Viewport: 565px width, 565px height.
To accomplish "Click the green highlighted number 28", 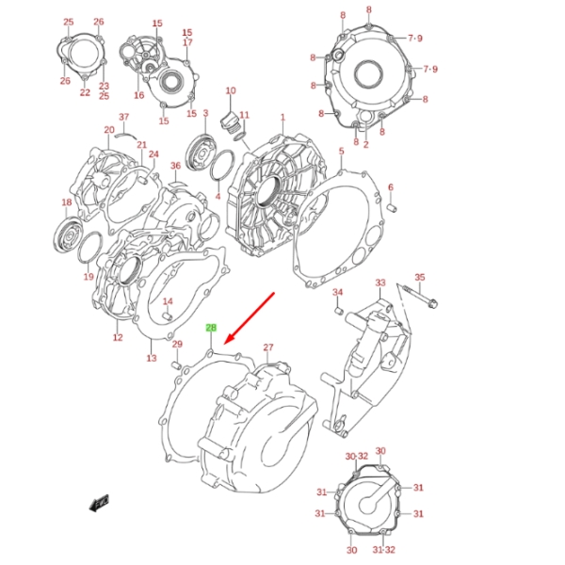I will coord(212,328).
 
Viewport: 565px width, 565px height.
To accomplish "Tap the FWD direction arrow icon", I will coord(99,502).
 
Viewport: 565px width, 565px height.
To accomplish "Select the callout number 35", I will coord(420,277).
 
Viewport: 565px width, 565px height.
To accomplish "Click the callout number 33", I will coord(380,282).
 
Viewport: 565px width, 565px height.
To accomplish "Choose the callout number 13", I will coord(151,358).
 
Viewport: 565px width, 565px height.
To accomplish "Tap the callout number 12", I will coord(118,337).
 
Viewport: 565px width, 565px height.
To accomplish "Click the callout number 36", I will coord(175,167).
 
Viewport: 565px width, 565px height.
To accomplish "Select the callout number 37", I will coord(122,117).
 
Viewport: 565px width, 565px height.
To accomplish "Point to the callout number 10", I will coord(230,90).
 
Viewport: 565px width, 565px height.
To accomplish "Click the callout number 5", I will coord(341,151).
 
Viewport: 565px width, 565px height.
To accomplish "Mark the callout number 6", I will coord(390,186).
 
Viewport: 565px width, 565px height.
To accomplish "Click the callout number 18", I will coord(67,202).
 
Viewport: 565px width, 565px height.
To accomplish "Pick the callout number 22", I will coord(85,92).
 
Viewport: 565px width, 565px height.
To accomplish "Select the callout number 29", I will coord(176,345).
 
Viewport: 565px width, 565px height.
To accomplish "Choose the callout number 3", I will coord(204,114).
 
